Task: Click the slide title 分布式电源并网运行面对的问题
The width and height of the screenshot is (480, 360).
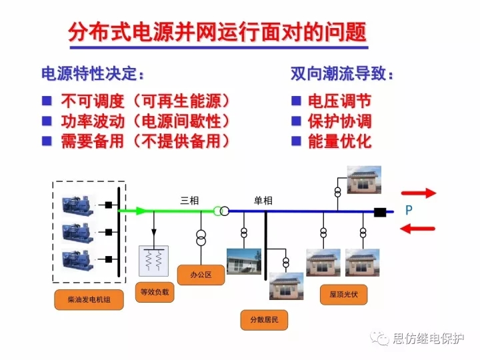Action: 217,34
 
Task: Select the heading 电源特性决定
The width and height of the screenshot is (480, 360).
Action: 93,73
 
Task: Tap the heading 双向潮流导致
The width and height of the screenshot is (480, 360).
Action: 342,73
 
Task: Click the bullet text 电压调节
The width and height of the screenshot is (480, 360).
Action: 339,101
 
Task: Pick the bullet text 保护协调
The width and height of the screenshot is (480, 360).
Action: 339,121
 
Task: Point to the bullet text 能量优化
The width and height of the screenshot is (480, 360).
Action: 339,141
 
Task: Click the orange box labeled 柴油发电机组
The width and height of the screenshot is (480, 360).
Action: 89,301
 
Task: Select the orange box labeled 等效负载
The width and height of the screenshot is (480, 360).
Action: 155,291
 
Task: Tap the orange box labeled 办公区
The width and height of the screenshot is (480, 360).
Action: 200,275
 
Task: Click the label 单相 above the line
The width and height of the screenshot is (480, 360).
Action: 263,200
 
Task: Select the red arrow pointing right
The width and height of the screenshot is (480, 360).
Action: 418,193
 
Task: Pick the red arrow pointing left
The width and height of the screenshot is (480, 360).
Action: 418,229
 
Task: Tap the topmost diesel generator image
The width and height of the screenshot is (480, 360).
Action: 79,203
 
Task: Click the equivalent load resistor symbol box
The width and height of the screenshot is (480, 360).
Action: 154,261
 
